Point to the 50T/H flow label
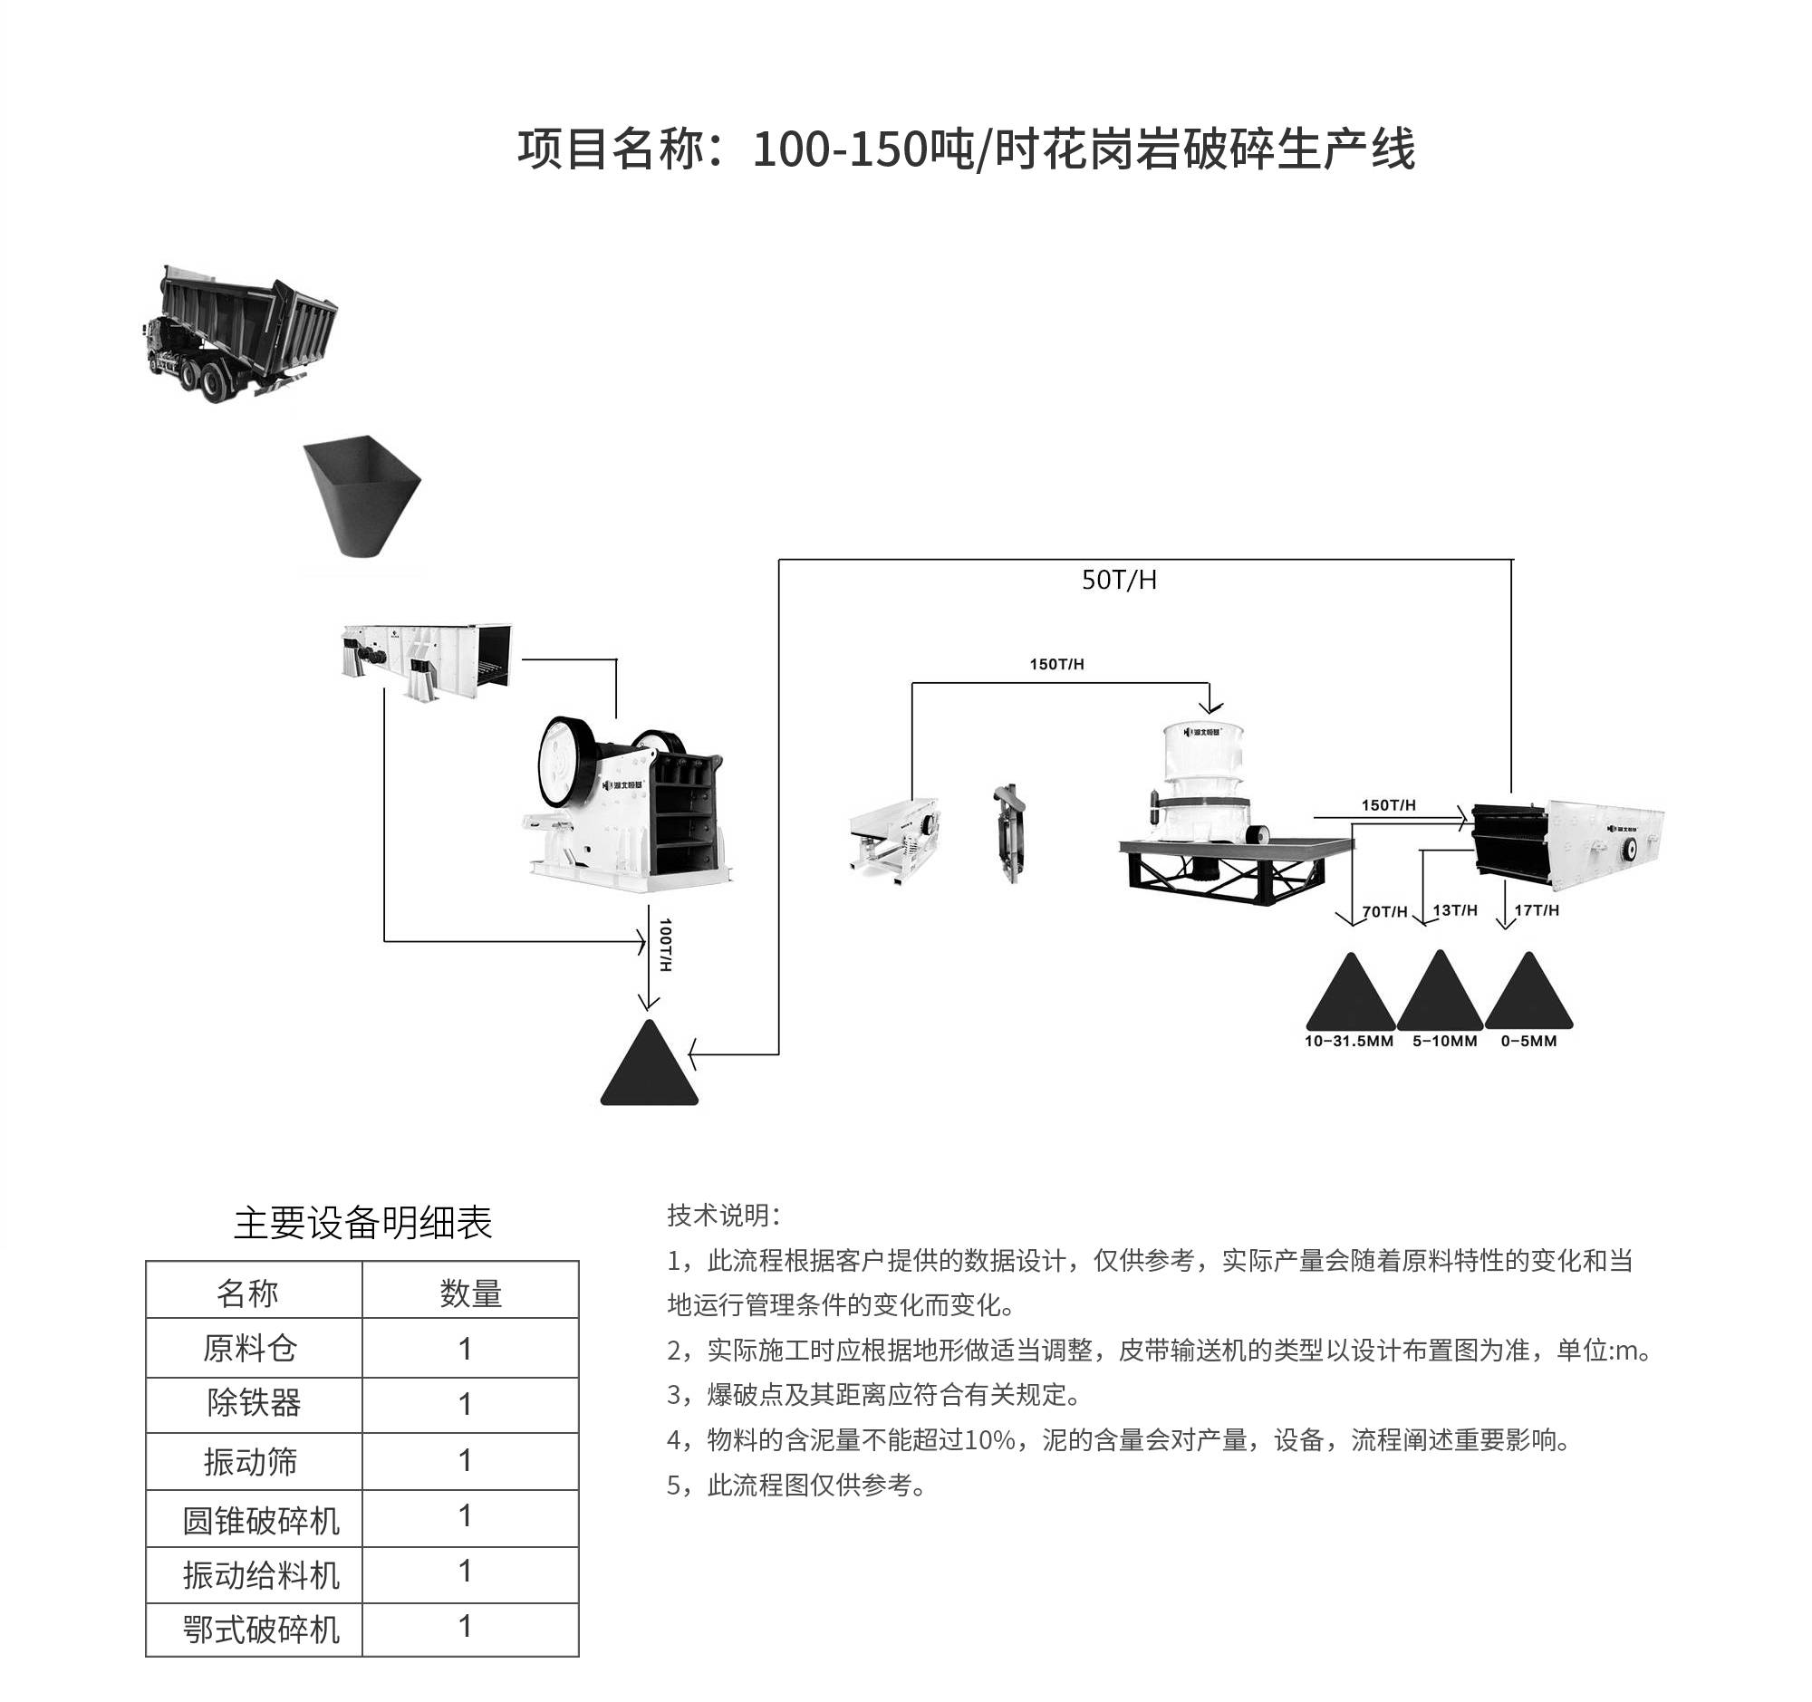(1118, 581)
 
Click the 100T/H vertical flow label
(665, 945)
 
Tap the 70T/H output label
(1384, 911)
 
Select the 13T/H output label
(1455, 910)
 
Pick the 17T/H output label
(1537, 910)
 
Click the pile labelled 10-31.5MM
(1350, 992)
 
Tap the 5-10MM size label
(1445, 1042)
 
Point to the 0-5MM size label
(1528, 1042)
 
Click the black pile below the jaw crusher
(649, 1067)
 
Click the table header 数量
(470, 1293)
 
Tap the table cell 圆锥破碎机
(261, 1521)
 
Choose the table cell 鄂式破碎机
(261, 1630)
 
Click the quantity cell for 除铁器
(466, 1404)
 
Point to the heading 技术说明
(723, 1216)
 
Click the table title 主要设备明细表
(362, 1223)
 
